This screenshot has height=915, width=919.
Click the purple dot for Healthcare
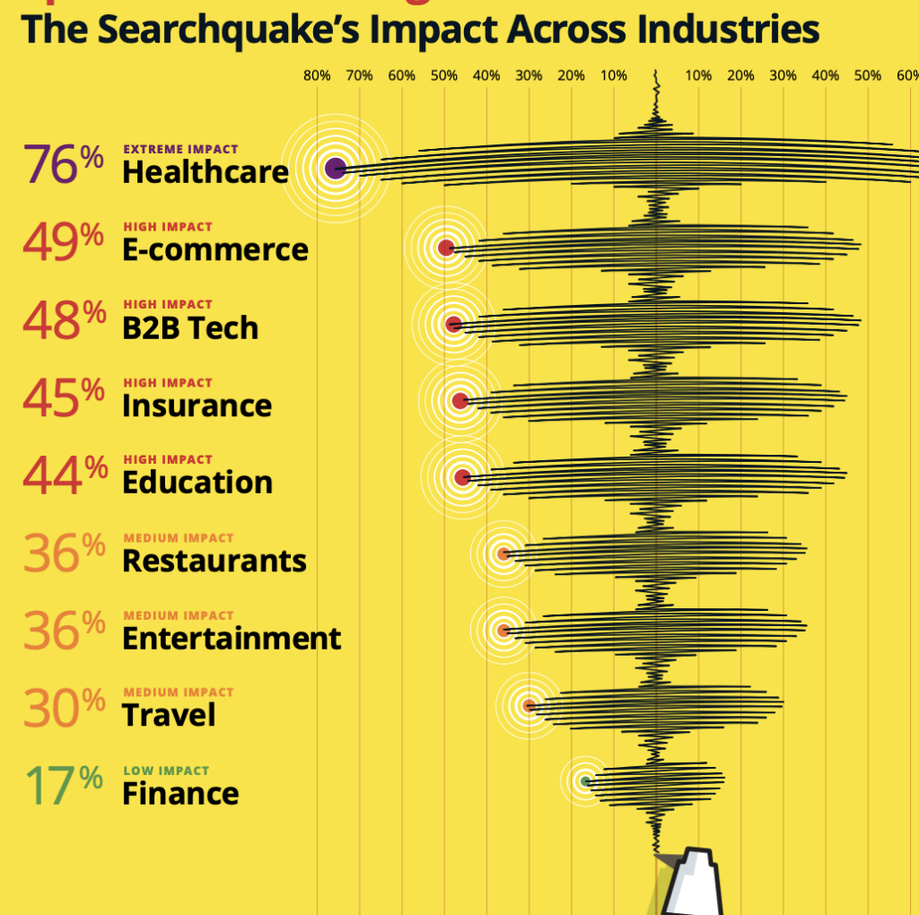click(335, 168)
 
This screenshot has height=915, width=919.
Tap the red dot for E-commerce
click(446, 248)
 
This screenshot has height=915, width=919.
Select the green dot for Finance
click(585, 781)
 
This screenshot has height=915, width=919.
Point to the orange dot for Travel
click(530, 705)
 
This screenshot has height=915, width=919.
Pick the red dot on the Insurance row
click(459, 401)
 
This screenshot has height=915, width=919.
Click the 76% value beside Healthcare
click(64, 164)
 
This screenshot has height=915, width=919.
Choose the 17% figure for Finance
click(64, 785)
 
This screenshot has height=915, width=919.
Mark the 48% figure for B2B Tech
click(64, 320)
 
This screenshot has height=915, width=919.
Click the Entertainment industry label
click(232, 638)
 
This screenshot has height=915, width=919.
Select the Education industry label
click(197, 482)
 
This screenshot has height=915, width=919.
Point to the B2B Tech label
click(190, 327)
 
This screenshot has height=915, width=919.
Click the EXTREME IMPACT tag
click(180, 150)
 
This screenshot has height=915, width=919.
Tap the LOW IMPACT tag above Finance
click(166, 771)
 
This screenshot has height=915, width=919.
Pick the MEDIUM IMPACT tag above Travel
click(178, 693)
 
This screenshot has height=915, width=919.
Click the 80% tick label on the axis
click(316, 75)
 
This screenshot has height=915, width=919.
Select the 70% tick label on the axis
click(359, 75)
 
